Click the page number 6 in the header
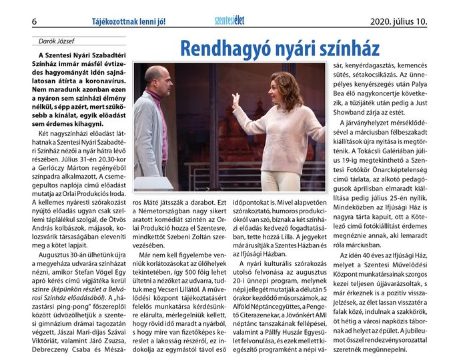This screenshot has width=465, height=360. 34,21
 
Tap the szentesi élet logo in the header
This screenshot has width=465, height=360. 229,21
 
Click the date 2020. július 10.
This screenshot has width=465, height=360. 398,21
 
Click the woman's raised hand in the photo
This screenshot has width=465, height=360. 236,99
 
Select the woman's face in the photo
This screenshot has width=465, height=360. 284,87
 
